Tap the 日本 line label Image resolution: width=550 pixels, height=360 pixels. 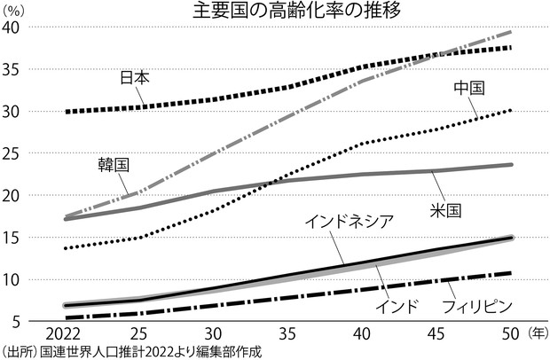(x=134, y=77)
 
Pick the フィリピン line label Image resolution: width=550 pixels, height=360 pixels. (x=478, y=307)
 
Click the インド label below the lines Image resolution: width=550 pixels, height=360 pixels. (x=395, y=307)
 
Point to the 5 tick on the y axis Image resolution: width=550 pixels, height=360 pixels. (x=15, y=320)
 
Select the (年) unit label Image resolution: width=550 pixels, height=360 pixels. (x=537, y=334)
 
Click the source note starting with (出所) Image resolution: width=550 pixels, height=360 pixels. (x=133, y=351)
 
